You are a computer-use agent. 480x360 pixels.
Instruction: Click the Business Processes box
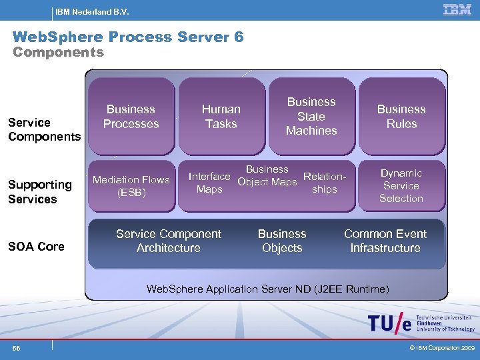(x=131, y=116)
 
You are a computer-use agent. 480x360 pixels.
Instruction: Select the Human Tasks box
(x=221, y=116)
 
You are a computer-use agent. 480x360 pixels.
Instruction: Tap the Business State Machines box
(x=311, y=116)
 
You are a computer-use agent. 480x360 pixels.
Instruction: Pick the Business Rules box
(x=401, y=116)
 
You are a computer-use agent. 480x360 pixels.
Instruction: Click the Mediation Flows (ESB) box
(x=131, y=186)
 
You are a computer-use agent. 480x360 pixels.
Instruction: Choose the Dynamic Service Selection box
(x=401, y=185)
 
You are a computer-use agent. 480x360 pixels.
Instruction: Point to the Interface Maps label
(x=209, y=183)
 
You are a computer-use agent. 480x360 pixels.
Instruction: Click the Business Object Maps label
(x=267, y=175)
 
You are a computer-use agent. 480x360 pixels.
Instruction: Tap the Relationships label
(x=325, y=183)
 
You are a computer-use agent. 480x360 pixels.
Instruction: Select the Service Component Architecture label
(x=169, y=241)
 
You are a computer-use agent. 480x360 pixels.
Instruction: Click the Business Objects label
(x=282, y=241)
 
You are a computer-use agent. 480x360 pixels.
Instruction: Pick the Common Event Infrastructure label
(x=385, y=241)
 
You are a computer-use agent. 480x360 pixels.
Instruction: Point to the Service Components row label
(x=44, y=129)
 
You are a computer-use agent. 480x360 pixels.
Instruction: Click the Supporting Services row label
(x=40, y=191)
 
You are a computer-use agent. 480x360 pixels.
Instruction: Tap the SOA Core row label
(x=36, y=246)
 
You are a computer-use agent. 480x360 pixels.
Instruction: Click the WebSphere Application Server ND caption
(x=267, y=289)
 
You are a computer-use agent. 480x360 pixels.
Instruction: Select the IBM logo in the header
(x=457, y=10)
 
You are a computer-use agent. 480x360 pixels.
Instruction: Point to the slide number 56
(x=17, y=348)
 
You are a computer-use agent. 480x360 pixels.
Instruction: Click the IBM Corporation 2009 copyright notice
(x=441, y=348)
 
